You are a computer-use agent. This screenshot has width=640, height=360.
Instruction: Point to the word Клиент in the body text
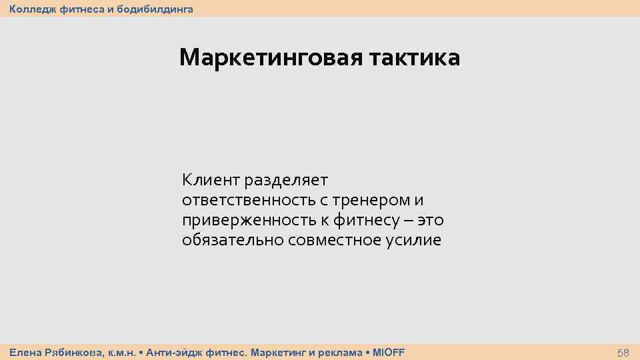(210, 180)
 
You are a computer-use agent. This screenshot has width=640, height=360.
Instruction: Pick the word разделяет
(286, 180)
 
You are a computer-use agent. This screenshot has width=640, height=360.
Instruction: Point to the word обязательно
(233, 240)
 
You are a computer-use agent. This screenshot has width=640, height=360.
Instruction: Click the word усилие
(414, 240)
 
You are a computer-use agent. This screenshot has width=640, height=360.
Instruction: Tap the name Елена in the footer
(24, 351)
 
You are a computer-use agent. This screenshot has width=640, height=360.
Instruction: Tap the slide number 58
(623, 352)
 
